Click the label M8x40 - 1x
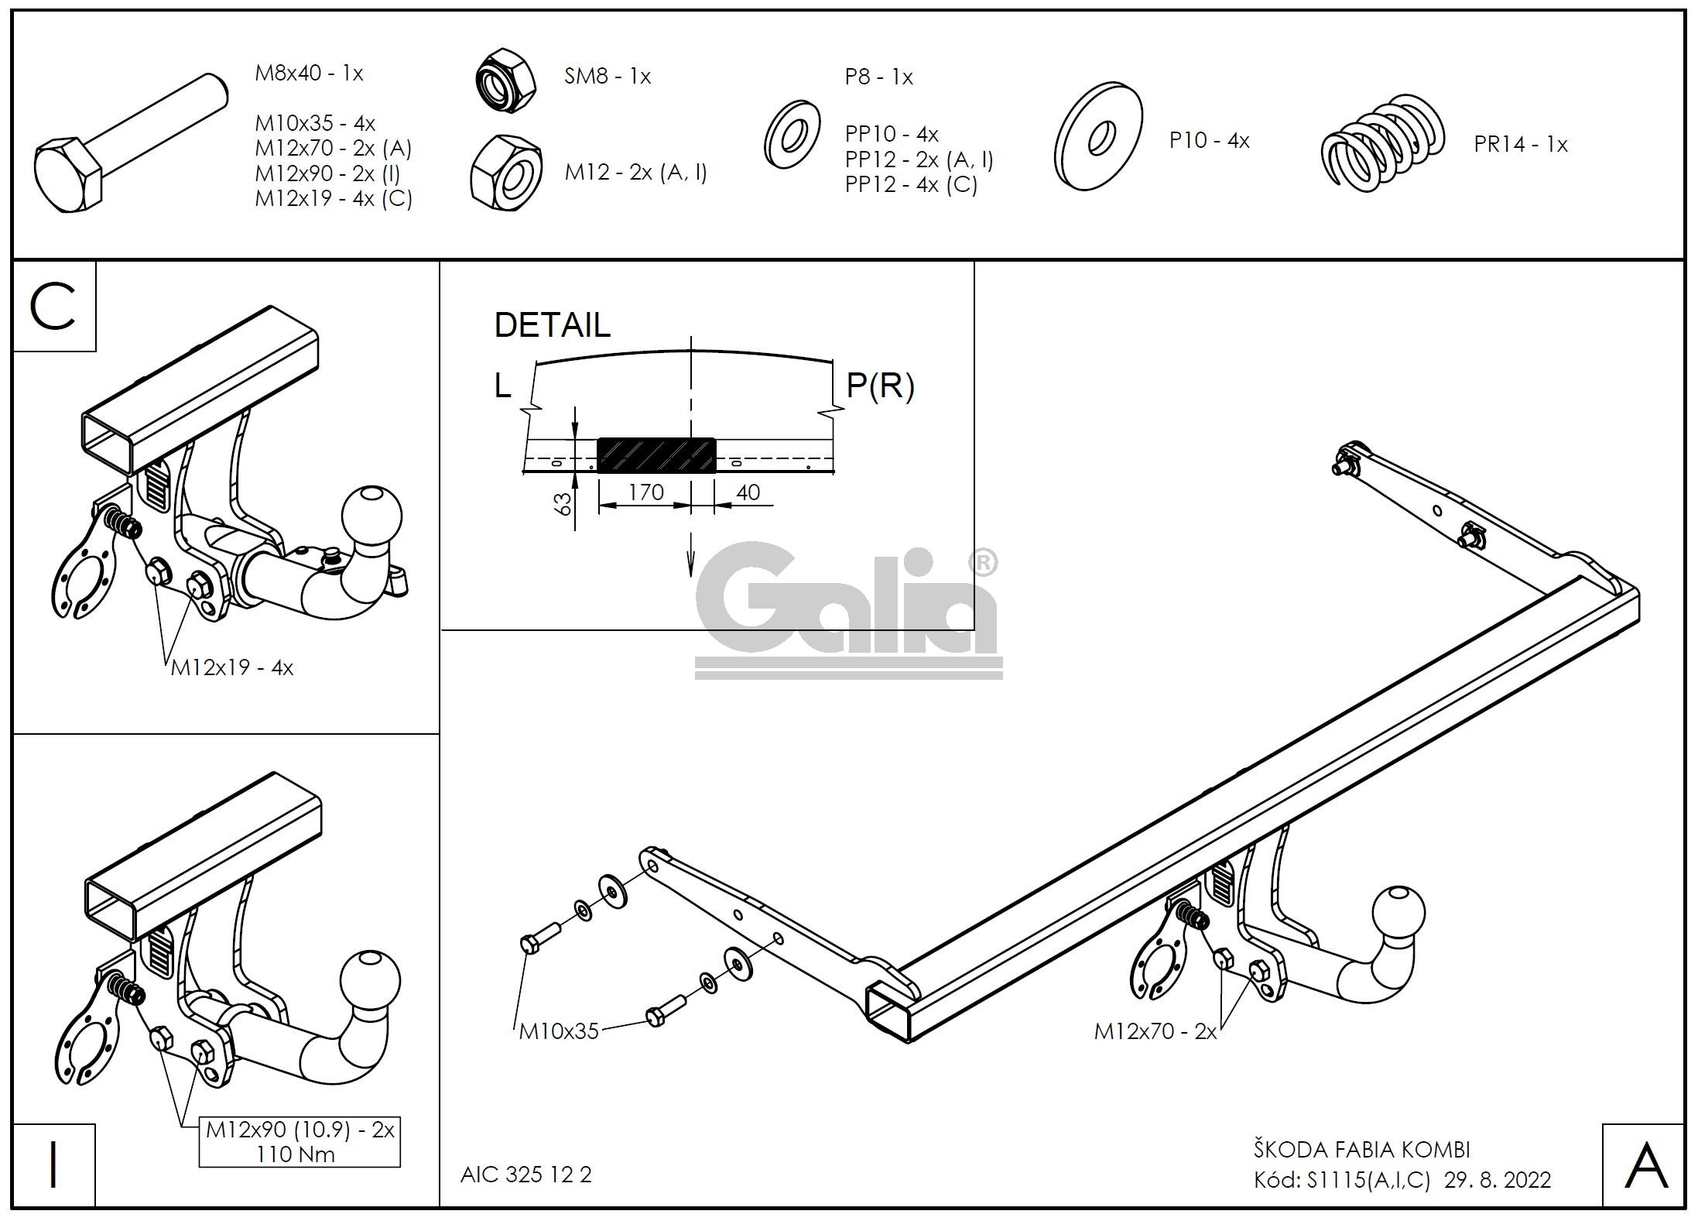(309, 74)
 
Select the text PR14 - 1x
(1520, 145)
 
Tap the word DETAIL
(552, 325)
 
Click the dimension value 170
(645, 492)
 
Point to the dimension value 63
(564, 503)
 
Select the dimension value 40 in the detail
(748, 492)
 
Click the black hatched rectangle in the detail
(656, 455)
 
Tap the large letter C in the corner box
(53, 307)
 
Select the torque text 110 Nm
(296, 1154)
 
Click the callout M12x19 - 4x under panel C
(232, 667)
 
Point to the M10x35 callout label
(559, 1031)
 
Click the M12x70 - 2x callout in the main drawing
(1155, 1031)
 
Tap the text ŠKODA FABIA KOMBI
(1361, 1150)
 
